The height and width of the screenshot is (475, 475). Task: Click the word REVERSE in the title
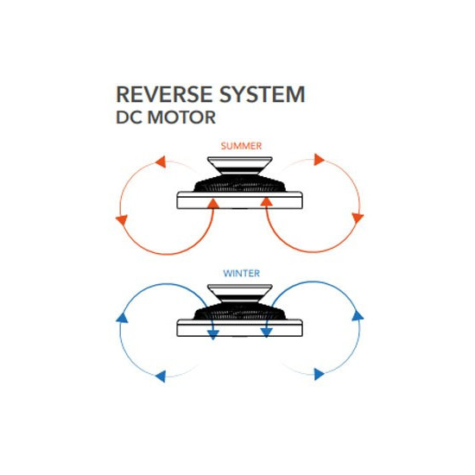point(164,94)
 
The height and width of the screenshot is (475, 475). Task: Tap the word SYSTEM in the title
point(262,94)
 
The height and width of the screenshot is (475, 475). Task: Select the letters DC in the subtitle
point(129,117)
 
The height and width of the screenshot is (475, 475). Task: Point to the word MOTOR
point(181,117)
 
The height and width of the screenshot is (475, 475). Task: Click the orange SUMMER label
point(241,146)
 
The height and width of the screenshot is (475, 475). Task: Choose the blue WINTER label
point(242,273)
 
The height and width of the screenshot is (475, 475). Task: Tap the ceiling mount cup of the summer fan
point(240,166)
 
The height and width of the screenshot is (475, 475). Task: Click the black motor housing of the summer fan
point(239,183)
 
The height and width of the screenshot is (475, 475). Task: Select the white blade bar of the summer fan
point(239,200)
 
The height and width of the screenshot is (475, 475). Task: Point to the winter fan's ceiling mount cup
point(240,293)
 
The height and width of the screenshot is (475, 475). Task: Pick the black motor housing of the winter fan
point(239,311)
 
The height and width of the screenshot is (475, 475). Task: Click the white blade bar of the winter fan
point(239,328)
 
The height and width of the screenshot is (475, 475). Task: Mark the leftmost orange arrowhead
point(122,219)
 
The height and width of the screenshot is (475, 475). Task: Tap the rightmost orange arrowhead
point(358,218)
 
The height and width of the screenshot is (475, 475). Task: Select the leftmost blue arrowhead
point(122,318)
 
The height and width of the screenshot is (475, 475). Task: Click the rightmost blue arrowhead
point(358,316)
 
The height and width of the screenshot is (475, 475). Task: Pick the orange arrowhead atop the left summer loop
point(161,161)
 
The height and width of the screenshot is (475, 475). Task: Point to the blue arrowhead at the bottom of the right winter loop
point(319,374)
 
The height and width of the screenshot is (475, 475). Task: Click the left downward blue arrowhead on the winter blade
point(213,334)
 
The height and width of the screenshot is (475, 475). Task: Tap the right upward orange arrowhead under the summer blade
point(266,202)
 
